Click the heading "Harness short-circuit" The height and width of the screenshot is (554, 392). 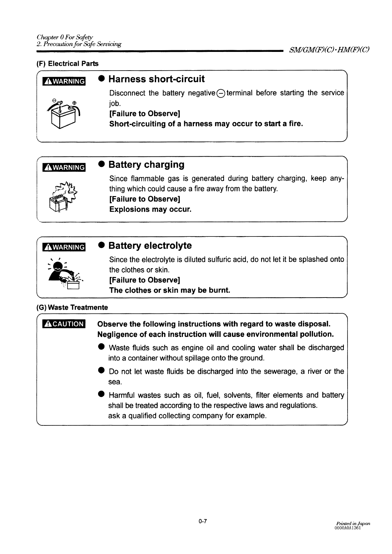click(x=156, y=79)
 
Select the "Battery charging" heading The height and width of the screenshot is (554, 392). click(x=146, y=165)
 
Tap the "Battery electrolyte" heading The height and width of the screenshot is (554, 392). click(x=150, y=246)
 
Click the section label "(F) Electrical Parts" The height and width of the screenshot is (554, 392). click(x=68, y=63)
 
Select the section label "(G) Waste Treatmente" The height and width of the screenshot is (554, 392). click(x=72, y=307)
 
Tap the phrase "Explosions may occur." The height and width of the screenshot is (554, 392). click(x=150, y=209)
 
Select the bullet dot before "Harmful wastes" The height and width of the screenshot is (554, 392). click(x=101, y=395)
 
